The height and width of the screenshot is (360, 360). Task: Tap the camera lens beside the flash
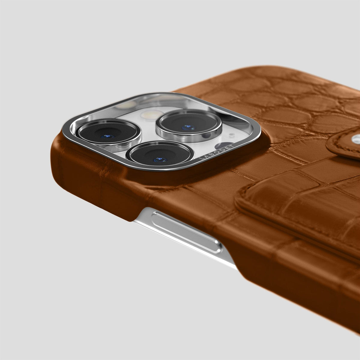pos(189,124)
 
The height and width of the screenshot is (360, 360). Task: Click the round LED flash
pos(152,115)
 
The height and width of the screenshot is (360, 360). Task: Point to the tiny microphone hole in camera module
pos(232,134)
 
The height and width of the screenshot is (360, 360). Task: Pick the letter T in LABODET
pos(232,145)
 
